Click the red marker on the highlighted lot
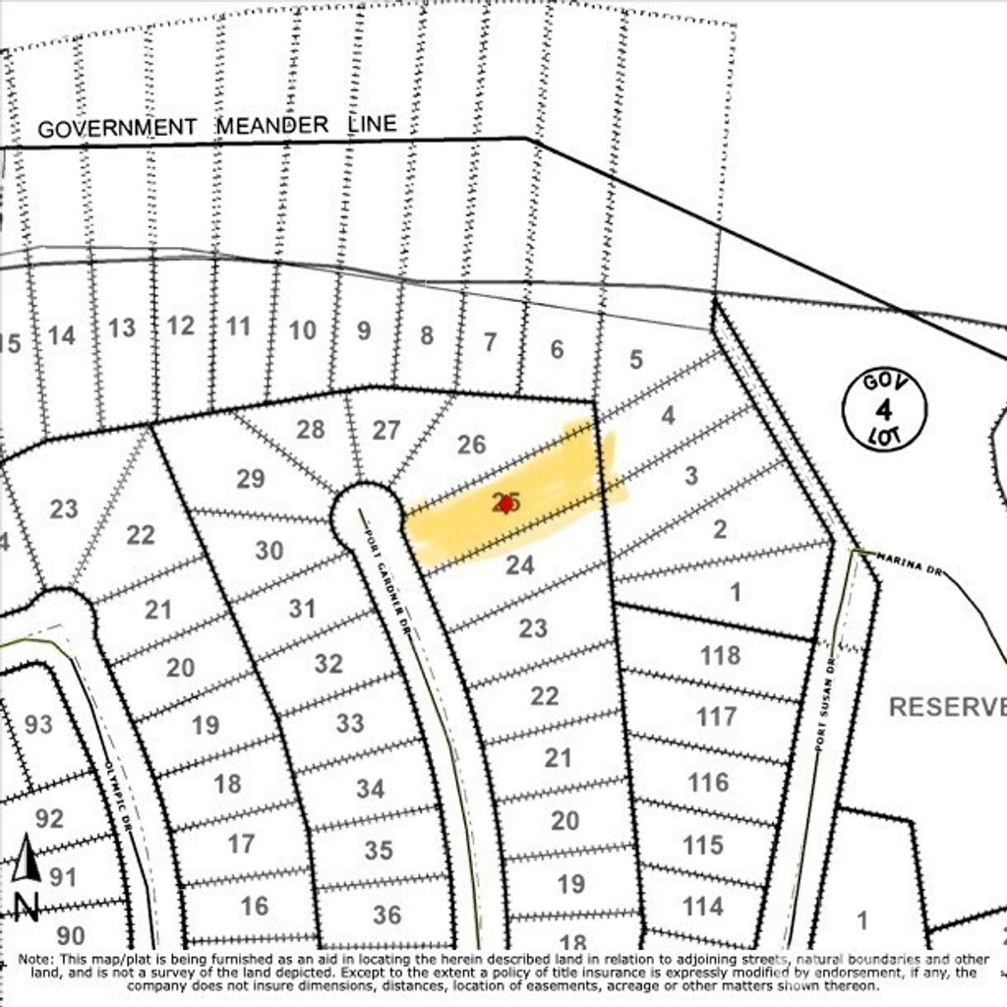[x=506, y=503]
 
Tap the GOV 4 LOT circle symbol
[x=884, y=409]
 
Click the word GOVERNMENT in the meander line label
[x=117, y=128]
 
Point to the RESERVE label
[x=947, y=707]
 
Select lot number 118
[x=720, y=656]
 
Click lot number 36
[x=386, y=916]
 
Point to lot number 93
[x=38, y=726]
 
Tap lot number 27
[x=386, y=431]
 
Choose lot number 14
[x=61, y=336]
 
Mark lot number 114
[x=702, y=906]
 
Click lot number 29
[x=251, y=479]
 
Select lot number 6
[x=557, y=349]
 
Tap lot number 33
[x=350, y=724]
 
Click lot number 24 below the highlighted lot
[x=519, y=565]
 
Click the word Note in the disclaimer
[x=35, y=959]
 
